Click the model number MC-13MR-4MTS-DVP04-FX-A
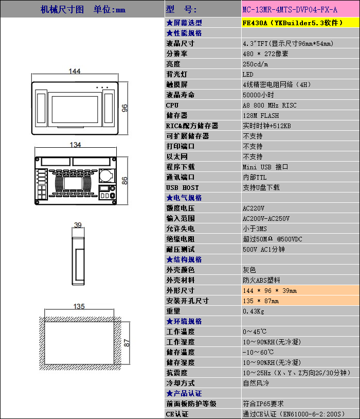(290, 10)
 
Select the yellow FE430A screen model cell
(300, 23)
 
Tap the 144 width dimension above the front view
(75, 71)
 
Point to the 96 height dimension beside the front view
(124, 108)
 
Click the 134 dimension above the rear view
(75, 145)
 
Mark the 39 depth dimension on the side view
(78, 225)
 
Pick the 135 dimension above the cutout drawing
(79, 306)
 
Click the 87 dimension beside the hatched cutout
(127, 343)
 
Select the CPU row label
(172, 106)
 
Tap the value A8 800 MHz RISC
(269, 106)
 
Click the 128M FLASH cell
(261, 116)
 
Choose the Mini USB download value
(265, 167)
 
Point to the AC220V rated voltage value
(254, 208)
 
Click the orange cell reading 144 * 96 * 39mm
(300, 290)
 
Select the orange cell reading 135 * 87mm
(300, 301)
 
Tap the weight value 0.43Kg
(254, 311)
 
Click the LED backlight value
(248, 74)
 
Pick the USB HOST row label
(183, 187)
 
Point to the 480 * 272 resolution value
(265, 54)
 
